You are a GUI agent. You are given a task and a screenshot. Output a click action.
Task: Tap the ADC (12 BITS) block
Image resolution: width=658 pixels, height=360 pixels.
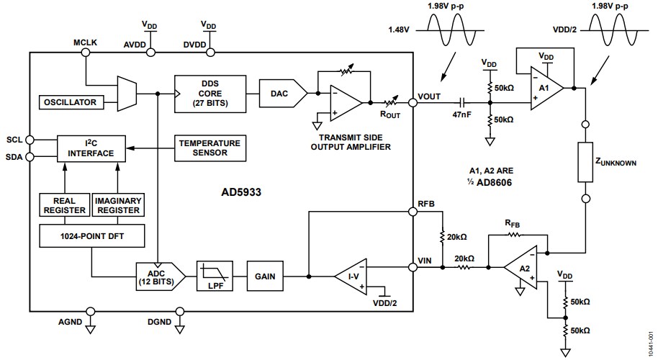point(160,276)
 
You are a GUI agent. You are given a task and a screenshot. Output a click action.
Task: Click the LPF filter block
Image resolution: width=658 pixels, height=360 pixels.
point(217,276)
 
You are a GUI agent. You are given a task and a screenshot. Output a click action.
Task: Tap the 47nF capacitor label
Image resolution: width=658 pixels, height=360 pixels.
point(461,114)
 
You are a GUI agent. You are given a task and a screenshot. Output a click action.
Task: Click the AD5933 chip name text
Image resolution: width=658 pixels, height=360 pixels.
point(243,193)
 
